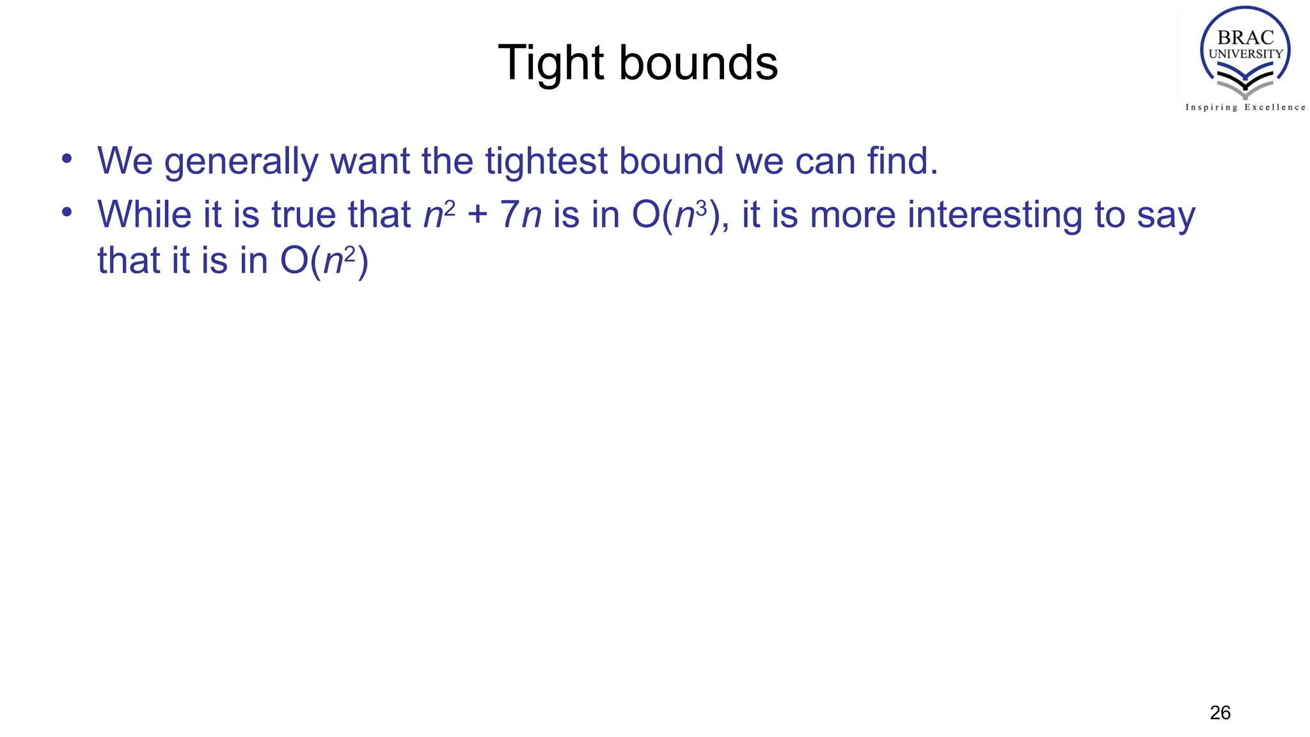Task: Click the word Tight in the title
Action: pos(551,63)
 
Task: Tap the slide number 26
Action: pos(1220,713)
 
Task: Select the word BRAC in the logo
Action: pos(1245,38)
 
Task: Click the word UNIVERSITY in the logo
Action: pos(1245,54)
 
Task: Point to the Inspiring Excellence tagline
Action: pos(1245,107)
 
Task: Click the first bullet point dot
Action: pos(67,157)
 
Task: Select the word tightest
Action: pos(546,161)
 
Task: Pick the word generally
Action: pos(241,161)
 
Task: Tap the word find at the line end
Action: pos(902,161)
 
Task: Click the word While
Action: pos(144,214)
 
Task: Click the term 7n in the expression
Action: pos(521,214)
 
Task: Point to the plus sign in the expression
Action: pos(477,214)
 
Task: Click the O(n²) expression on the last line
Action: pos(324,261)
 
